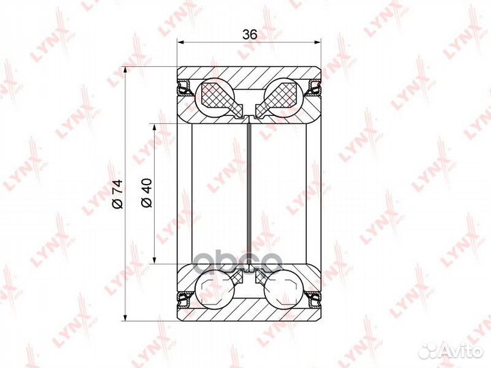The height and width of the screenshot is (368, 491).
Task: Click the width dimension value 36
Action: pos(250,35)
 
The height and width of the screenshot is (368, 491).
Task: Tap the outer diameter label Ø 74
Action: pos(119,194)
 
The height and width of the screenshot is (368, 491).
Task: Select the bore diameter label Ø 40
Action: pos(147,193)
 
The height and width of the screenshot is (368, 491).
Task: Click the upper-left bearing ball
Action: pos(215,96)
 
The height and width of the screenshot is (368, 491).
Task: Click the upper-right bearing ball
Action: pos(284,96)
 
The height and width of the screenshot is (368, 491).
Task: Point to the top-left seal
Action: pos(185,88)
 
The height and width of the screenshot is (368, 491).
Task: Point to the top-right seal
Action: pos(314,88)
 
